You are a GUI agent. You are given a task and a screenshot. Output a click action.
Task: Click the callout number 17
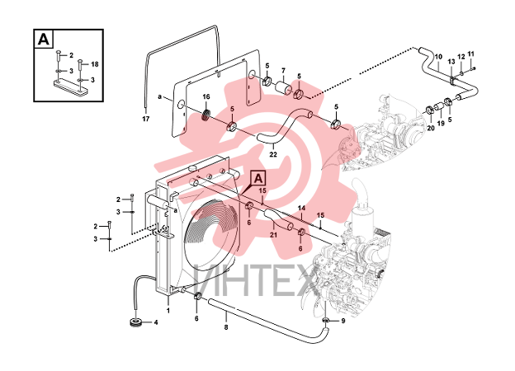[x=146, y=119]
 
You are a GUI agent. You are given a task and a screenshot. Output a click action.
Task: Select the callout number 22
[x=273, y=154]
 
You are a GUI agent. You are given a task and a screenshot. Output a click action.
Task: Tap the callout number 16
[x=206, y=96]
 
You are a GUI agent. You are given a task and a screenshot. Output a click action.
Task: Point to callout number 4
[x=156, y=323]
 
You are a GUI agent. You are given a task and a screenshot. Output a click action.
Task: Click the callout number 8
[x=226, y=327]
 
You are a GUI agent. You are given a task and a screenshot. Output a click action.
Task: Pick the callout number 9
[x=343, y=322]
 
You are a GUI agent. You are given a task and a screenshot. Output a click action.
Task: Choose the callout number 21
[x=274, y=235]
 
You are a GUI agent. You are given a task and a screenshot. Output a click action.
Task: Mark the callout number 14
[x=301, y=208]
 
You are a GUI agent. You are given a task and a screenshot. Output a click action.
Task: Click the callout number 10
[x=438, y=56]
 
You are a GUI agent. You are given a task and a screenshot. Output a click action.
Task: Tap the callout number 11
[x=471, y=54]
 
